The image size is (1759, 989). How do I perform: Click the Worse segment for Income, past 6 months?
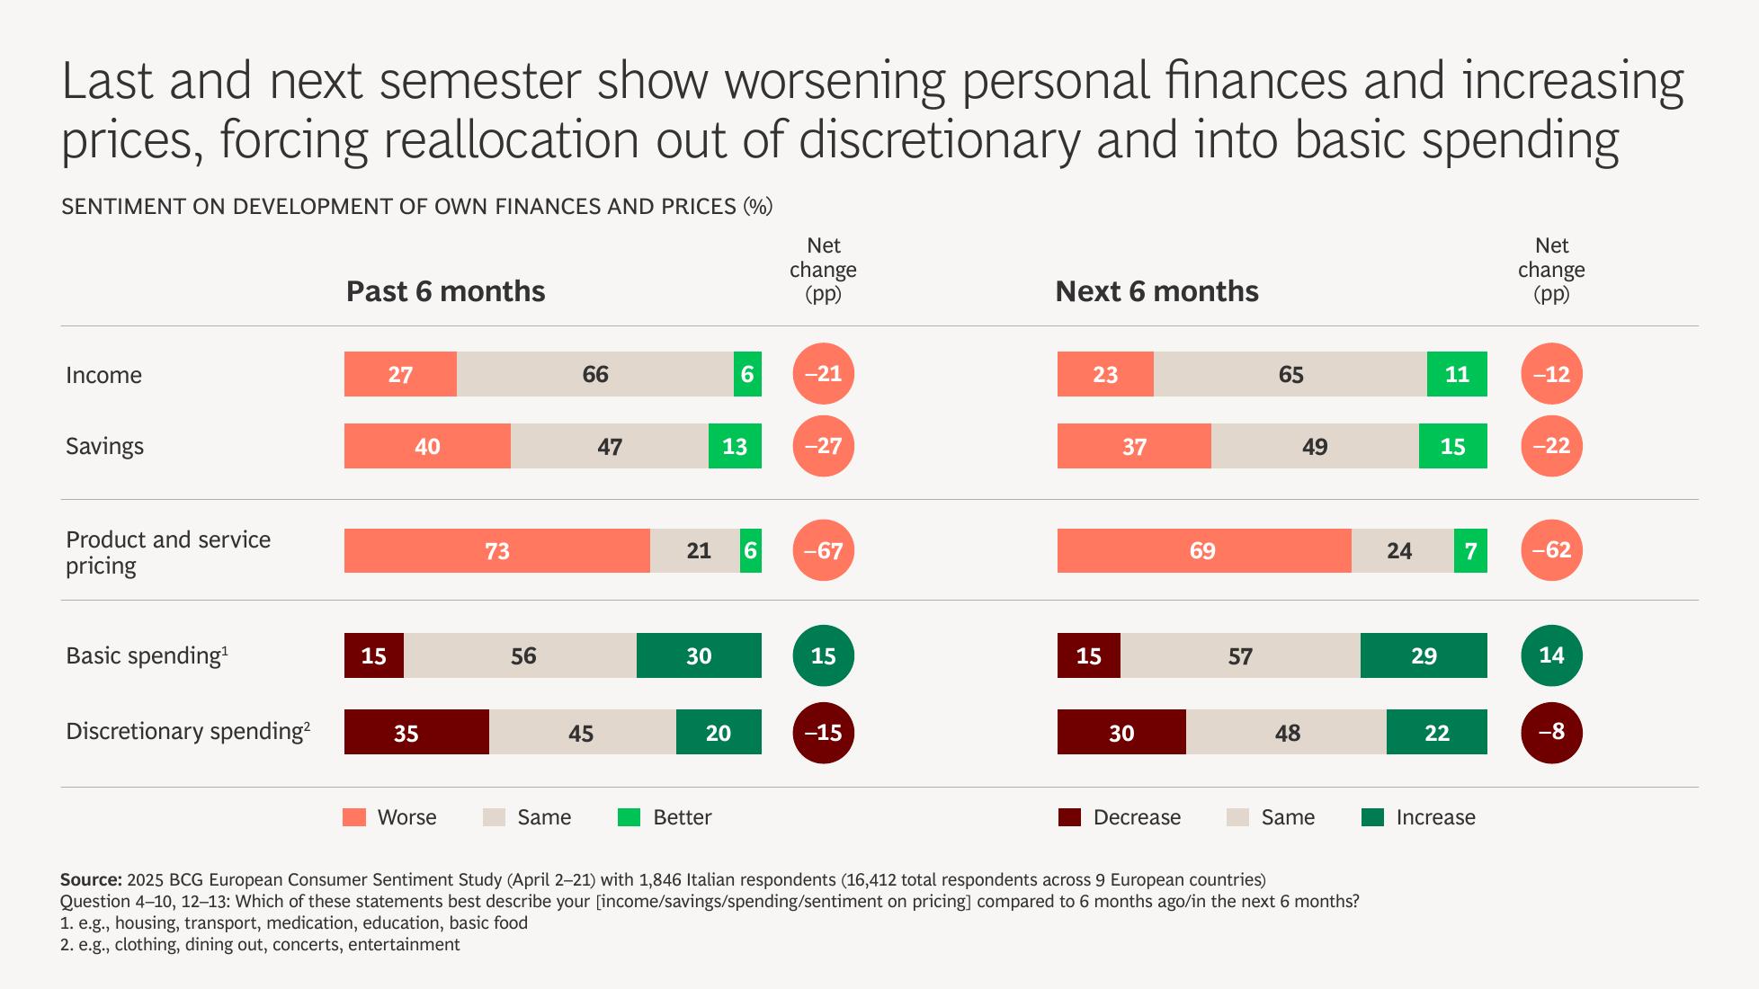pos(400,374)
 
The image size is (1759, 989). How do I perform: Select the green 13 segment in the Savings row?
pos(735,446)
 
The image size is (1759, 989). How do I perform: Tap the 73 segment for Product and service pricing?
pos(496,550)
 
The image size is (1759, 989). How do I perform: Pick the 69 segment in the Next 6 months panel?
pos(1203,550)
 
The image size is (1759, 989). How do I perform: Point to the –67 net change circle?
pos(823,550)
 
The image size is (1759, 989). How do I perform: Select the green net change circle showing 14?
pos(1551,655)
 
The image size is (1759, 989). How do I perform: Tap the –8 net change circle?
pos(1551,732)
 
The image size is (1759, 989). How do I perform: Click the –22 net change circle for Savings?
pos(1551,446)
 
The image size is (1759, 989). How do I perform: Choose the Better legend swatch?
pos(629,817)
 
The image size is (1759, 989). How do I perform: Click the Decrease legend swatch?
pos(1069,817)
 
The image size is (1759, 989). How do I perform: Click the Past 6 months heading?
pos(445,291)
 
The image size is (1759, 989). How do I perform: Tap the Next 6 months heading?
pos(1156,291)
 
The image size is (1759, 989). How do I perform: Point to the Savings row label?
pos(104,446)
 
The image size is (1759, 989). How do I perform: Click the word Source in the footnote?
pos(91,879)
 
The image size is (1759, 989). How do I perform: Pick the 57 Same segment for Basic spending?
pos(1240,655)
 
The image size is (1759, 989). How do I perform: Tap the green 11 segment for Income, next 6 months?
pos(1457,374)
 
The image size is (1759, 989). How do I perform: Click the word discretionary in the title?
pos(940,141)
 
